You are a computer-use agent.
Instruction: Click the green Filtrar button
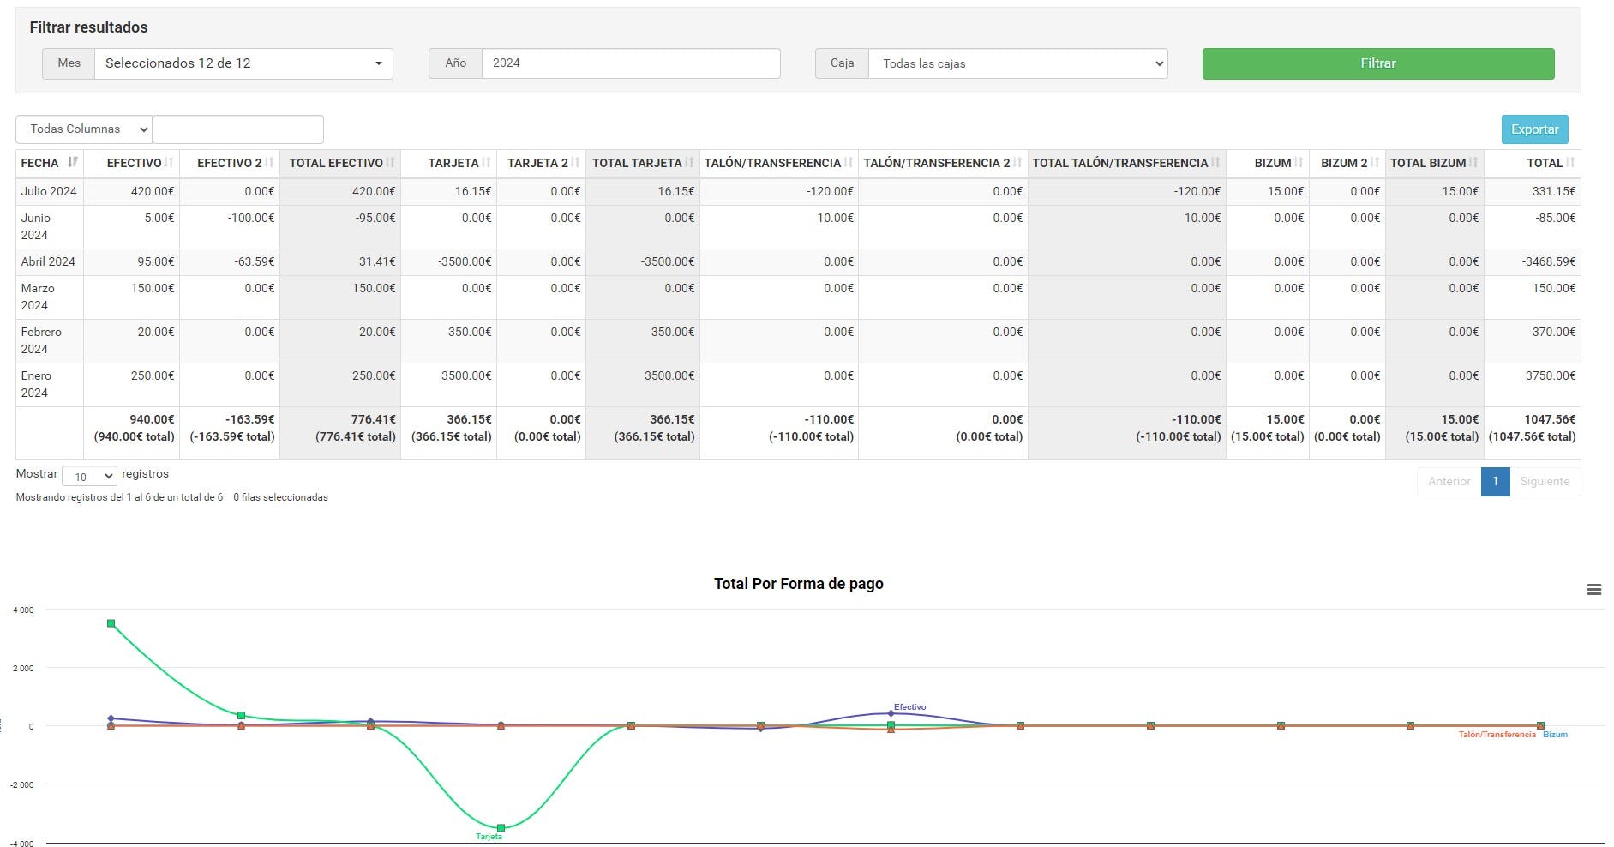(1377, 63)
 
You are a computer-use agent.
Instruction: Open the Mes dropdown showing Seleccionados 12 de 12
(243, 63)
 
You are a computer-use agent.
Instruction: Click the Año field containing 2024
(630, 63)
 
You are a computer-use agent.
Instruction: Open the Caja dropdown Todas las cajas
(1017, 63)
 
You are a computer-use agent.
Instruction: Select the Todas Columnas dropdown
(84, 129)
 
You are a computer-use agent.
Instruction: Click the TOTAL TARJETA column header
(637, 163)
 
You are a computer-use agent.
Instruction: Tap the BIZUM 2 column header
(1344, 163)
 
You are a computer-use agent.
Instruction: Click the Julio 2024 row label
(49, 191)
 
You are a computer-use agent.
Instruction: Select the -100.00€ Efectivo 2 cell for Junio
(251, 218)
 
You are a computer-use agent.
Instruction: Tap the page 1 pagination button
(1495, 481)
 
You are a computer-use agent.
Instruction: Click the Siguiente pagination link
(1545, 481)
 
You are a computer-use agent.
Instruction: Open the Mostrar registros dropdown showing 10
(89, 477)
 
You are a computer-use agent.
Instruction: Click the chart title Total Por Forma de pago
(798, 584)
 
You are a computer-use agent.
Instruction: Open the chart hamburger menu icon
(1593, 590)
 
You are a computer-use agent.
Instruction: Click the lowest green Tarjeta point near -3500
(501, 827)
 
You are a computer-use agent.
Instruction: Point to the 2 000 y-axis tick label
(23, 668)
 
